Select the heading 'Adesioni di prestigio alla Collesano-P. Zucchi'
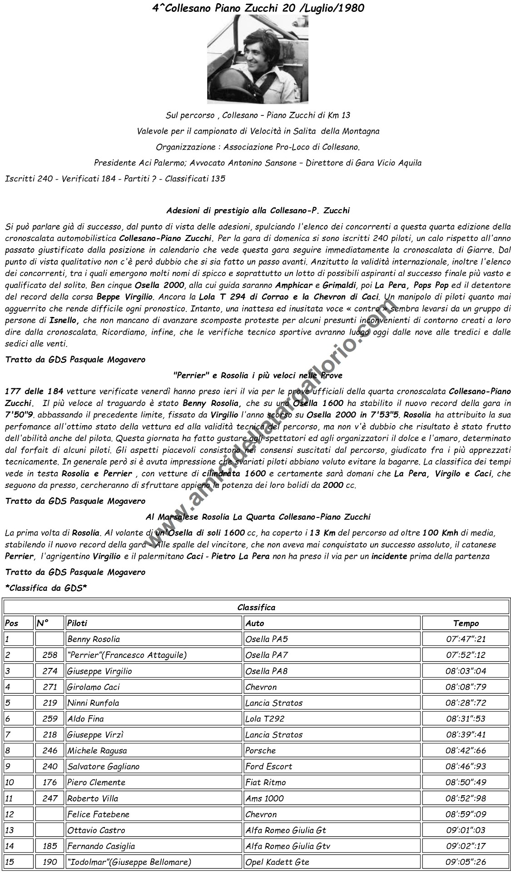[x=258, y=211]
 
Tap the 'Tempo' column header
[x=466, y=623]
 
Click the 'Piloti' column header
[x=77, y=623]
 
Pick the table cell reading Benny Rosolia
[x=94, y=639]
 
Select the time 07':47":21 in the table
[x=466, y=639]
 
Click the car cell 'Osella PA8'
[x=266, y=671]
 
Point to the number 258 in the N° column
[x=50, y=655]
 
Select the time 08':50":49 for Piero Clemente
[x=466, y=783]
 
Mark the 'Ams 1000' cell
[x=264, y=798]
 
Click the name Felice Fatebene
[x=98, y=814]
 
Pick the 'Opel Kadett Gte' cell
[x=277, y=862]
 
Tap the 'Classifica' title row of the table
[x=256, y=607]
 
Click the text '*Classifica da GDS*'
[x=46, y=588]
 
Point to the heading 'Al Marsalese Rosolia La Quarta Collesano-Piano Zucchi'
[x=258, y=517]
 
